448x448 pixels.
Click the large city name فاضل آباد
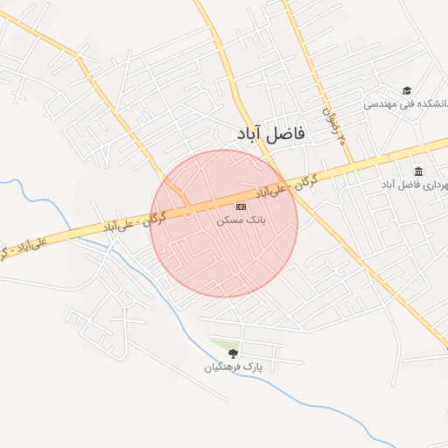pyautogui.click(x=270, y=133)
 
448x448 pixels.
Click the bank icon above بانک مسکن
pyautogui.click(x=241, y=206)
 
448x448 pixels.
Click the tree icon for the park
pyautogui.click(x=233, y=353)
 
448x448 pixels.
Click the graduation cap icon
pyautogui.click(x=406, y=90)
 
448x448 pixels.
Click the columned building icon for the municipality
pyautogui.click(x=418, y=171)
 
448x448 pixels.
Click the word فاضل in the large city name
pyautogui.click(x=288, y=133)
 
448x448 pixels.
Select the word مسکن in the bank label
pyautogui.click(x=229, y=221)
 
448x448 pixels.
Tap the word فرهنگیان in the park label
pyautogui.click(x=222, y=367)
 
